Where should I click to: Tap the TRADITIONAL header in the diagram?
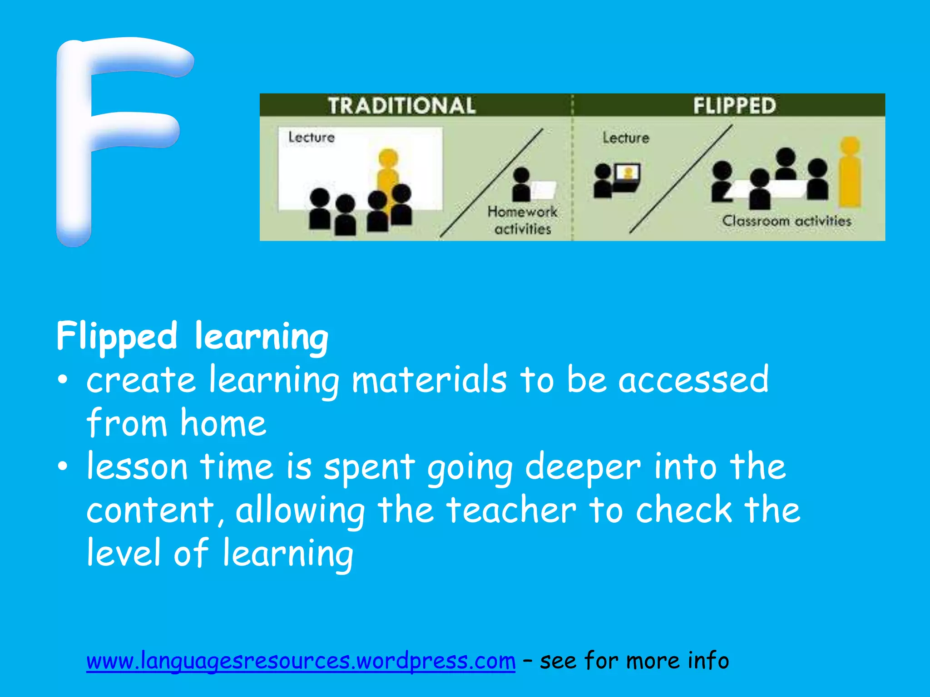[401, 105]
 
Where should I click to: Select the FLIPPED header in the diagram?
[734, 105]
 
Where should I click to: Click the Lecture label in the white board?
[312, 137]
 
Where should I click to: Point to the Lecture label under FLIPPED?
[626, 137]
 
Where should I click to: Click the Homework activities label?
[523, 221]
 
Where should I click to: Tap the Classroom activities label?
[787, 221]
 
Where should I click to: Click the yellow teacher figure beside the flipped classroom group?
[850, 172]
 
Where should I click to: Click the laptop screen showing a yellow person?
[628, 173]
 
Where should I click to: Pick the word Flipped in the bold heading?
[117, 337]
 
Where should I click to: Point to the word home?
[223, 423]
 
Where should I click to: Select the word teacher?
[511, 510]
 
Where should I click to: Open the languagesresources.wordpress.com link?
[301, 661]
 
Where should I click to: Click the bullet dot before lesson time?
[63, 466]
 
